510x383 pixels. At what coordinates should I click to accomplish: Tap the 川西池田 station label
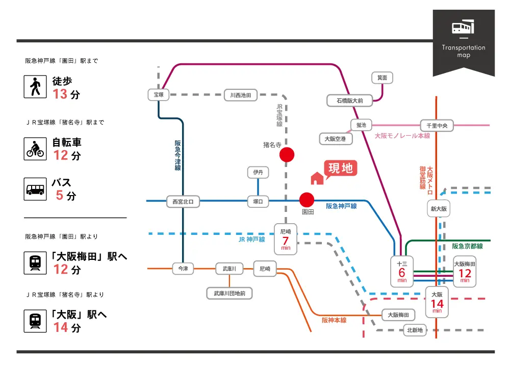(x=241, y=95)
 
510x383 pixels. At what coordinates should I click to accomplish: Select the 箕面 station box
(x=382, y=78)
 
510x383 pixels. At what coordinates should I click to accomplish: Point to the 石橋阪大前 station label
(x=349, y=101)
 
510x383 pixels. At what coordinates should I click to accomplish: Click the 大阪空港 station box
(x=336, y=138)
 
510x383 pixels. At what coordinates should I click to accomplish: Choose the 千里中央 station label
(x=437, y=125)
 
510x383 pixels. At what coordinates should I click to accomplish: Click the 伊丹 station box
(x=258, y=173)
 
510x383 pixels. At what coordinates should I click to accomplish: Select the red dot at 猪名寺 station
(x=287, y=154)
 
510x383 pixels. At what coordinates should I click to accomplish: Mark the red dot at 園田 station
(x=307, y=200)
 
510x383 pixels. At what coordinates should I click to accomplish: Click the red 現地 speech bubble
(x=340, y=169)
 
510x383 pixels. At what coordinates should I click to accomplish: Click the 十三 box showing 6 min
(x=402, y=271)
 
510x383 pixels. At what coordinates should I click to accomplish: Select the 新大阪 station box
(x=439, y=209)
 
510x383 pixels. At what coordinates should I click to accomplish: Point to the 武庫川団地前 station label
(x=229, y=293)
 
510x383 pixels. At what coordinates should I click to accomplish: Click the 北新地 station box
(x=415, y=330)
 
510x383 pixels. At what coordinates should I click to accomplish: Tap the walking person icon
(x=35, y=87)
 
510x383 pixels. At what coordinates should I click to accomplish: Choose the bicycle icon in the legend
(x=35, y=149)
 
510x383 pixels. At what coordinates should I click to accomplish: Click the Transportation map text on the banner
(x=464, y=51)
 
